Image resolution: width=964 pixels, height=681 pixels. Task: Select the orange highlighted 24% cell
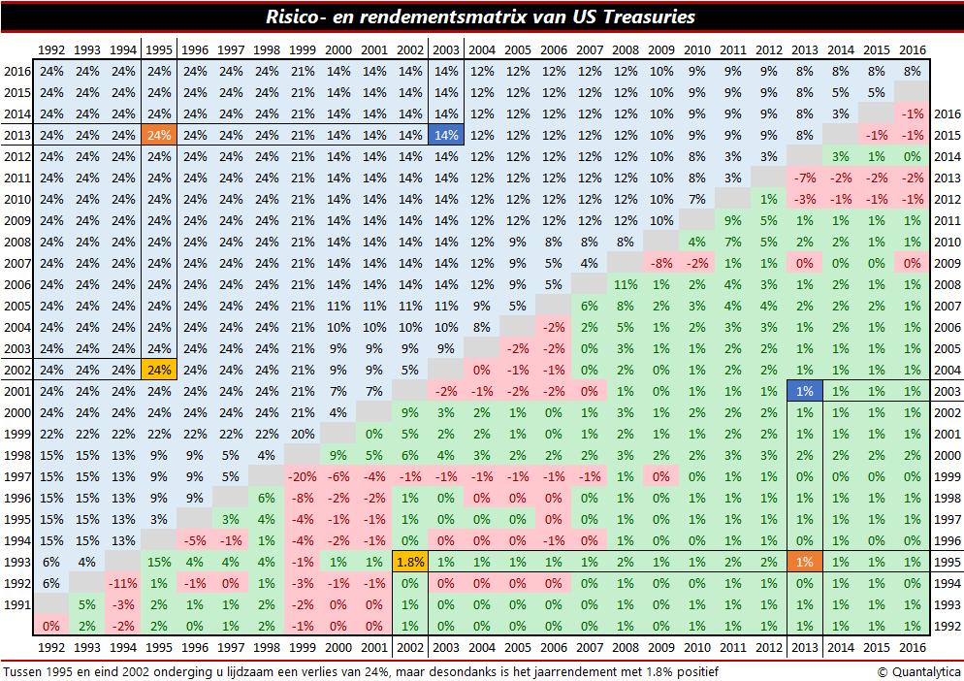click(x=160, y=135)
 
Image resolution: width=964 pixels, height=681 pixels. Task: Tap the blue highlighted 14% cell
click(x=445, y=135)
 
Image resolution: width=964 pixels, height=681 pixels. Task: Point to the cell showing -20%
click(x=303, y=476)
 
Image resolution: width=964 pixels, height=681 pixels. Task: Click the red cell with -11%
click(x=123, y=584)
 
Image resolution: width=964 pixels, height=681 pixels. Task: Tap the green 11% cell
click(x=625, y=284)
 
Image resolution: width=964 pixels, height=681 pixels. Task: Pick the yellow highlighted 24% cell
click(x=160, y=370)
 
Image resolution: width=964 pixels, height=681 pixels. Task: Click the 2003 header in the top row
click(x=445, y=49)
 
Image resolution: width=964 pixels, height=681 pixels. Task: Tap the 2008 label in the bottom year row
click(x=625, y=647)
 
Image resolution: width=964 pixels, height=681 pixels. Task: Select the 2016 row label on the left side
click(x=16, y=71)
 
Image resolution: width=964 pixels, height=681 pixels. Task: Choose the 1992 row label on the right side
click(x=945, y=627)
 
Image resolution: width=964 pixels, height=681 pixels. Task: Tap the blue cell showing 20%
click(x=303, y=434)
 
